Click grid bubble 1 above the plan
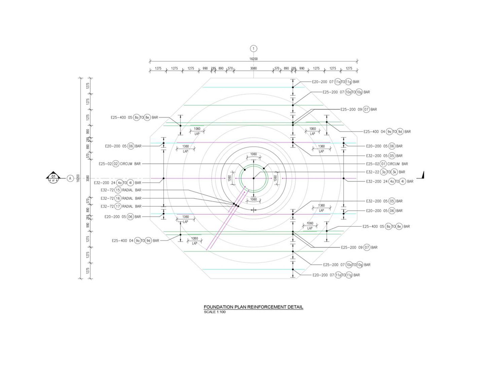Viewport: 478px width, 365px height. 253,48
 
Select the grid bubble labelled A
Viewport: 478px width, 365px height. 70,178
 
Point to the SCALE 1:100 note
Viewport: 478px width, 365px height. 215,312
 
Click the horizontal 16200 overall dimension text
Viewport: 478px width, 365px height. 253,59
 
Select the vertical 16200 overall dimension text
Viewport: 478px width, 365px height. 78,178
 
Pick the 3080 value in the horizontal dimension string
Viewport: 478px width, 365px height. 253,68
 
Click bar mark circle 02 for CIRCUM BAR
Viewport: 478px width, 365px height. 116,164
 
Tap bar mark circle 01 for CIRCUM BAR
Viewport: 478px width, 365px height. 383,164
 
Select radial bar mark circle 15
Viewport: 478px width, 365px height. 118,190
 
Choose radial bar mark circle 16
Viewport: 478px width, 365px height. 118,198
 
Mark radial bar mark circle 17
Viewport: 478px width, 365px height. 118,206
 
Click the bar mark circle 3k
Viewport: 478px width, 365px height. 394,172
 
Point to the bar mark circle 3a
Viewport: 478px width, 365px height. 384,172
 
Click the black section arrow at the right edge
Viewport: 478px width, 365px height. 422,176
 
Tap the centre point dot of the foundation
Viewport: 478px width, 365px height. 253,178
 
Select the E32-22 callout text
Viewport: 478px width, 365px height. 373,172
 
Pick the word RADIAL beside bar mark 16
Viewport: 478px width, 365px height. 128,198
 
